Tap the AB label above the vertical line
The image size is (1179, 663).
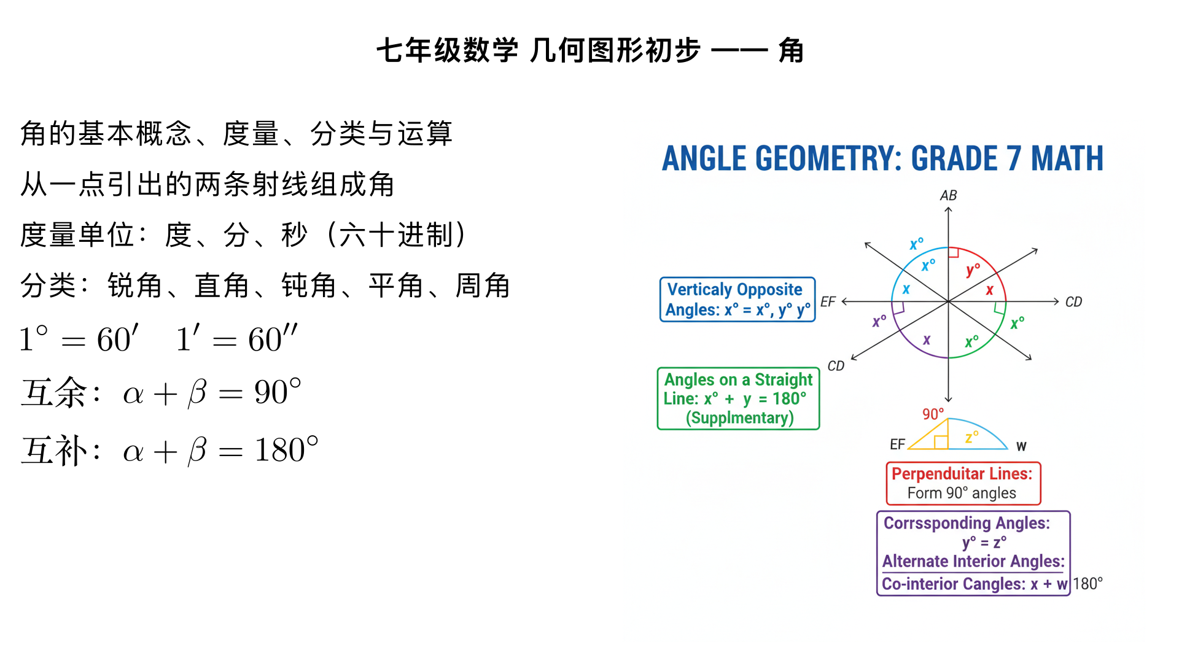948,195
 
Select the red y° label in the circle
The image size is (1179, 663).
973,269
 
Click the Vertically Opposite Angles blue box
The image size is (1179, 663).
737,300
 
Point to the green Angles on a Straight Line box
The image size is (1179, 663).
738,398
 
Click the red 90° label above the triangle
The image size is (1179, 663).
933,414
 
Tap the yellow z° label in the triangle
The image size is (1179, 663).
971,437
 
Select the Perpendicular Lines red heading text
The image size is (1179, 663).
962,474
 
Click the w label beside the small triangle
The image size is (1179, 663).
1021,446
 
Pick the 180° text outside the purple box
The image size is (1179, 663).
1088,584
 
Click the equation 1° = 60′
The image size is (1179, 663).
79,339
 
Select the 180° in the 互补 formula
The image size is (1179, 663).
286,450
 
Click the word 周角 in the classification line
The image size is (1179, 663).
483,286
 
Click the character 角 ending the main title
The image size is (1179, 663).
791,50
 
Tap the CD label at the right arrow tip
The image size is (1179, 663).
1073,302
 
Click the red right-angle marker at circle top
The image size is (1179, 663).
954,252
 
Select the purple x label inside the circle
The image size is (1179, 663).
927,339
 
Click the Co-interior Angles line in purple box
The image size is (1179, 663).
975,584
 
